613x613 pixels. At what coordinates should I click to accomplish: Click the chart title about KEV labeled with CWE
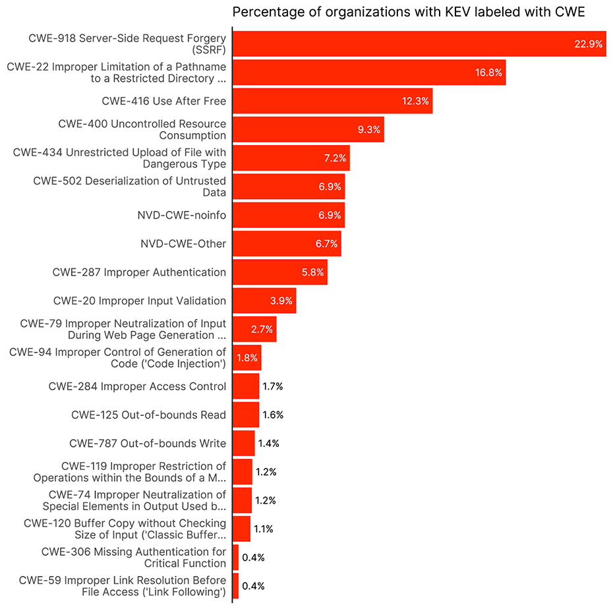[408, 12]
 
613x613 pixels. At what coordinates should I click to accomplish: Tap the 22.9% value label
[588, 44]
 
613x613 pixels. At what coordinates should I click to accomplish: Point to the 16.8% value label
[488, 73]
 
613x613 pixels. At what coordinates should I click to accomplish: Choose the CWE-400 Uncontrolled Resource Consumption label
[142, 129]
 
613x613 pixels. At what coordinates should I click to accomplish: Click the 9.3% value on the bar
[368, 130]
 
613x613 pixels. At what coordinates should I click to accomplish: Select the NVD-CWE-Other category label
[183, 244]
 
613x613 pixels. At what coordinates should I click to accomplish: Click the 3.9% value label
[281, 301]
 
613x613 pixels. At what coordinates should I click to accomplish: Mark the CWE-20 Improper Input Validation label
[140, 301]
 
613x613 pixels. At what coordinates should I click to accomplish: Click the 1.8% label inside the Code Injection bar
[247, 358]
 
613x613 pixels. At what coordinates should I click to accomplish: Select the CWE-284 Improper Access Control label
[137, 386]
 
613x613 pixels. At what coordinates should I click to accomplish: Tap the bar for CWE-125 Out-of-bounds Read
[246, 415]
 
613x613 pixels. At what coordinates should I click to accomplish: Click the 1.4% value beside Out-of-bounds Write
[268, 444]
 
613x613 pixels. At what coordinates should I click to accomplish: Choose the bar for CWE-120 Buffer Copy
[241, 529]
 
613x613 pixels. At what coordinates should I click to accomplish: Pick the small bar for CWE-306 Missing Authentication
[235, 558]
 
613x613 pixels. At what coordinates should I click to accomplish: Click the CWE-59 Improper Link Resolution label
[123, 586]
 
